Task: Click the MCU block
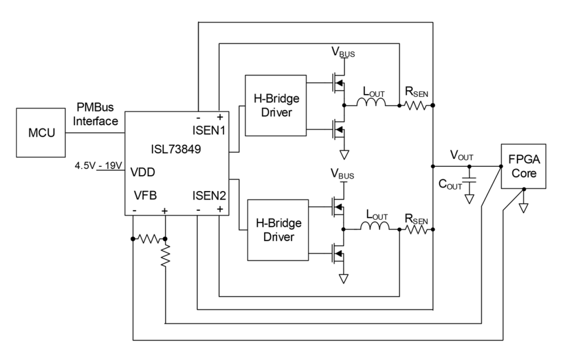pos(41,133)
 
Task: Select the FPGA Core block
pos(524,166)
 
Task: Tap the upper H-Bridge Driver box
pos(276,106)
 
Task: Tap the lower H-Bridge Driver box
pos(278,230)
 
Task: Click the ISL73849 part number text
pos(176,149)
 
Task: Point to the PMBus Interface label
pos(95,114)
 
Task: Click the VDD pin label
pos(143,172)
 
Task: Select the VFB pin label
pos(145,195)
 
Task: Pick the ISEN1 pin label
pos(209,130)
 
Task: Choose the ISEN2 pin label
pos(209,195)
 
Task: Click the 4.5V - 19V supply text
pos(99,165)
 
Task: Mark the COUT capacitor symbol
pos(469,180)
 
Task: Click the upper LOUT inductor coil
pos(371,102)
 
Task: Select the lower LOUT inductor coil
pos(375,226)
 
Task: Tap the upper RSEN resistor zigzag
pos(416,106)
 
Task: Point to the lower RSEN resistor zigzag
pos(416,230)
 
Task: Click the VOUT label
pos(461,155)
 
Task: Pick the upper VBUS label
pos(343,52)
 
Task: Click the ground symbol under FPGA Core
pos(524,208)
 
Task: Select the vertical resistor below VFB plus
pos(165,256)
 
